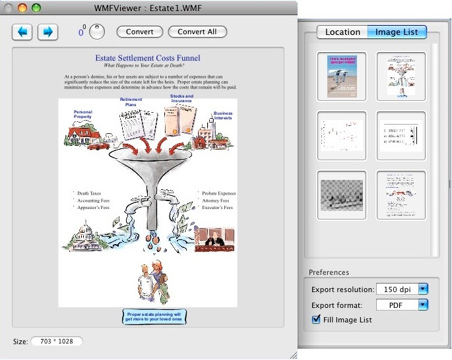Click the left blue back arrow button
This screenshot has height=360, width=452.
22,32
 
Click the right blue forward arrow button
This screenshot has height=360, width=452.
48,32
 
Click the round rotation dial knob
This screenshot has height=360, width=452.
97,31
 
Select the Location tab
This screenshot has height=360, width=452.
342,32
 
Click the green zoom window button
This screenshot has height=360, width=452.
36,8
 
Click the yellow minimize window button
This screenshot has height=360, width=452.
23,8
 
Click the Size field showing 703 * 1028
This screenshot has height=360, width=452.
56,342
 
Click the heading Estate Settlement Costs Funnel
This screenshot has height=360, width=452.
148,58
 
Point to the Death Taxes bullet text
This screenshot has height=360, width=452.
88,193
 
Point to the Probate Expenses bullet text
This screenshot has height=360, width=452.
218,193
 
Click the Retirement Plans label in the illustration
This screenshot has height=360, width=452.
131,102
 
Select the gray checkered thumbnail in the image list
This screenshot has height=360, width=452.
342,195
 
